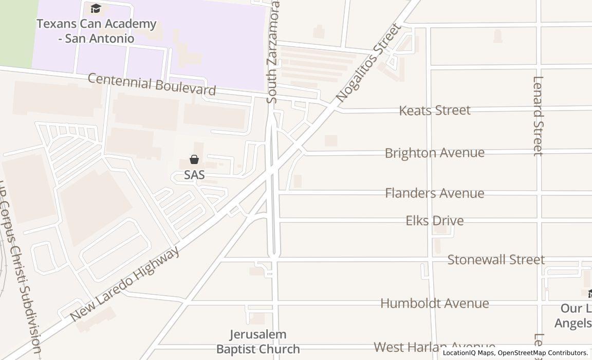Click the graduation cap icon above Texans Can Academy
click(96, 8)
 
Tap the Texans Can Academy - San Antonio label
click(96, 31)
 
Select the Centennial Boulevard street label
click(152, 84)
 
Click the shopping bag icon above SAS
click(194, 159)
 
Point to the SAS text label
click(194, 175)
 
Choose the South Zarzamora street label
click(273, 51)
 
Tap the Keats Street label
click(435, 110)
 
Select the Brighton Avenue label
click(434, 153)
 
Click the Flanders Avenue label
click(434, 193)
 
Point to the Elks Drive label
click(434, 221)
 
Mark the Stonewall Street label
click(495, 260)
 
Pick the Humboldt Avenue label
click(434, 303)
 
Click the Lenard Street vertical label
click(538, 116)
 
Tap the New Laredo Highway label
click(125, 284)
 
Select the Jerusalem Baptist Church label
click(258, 341)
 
